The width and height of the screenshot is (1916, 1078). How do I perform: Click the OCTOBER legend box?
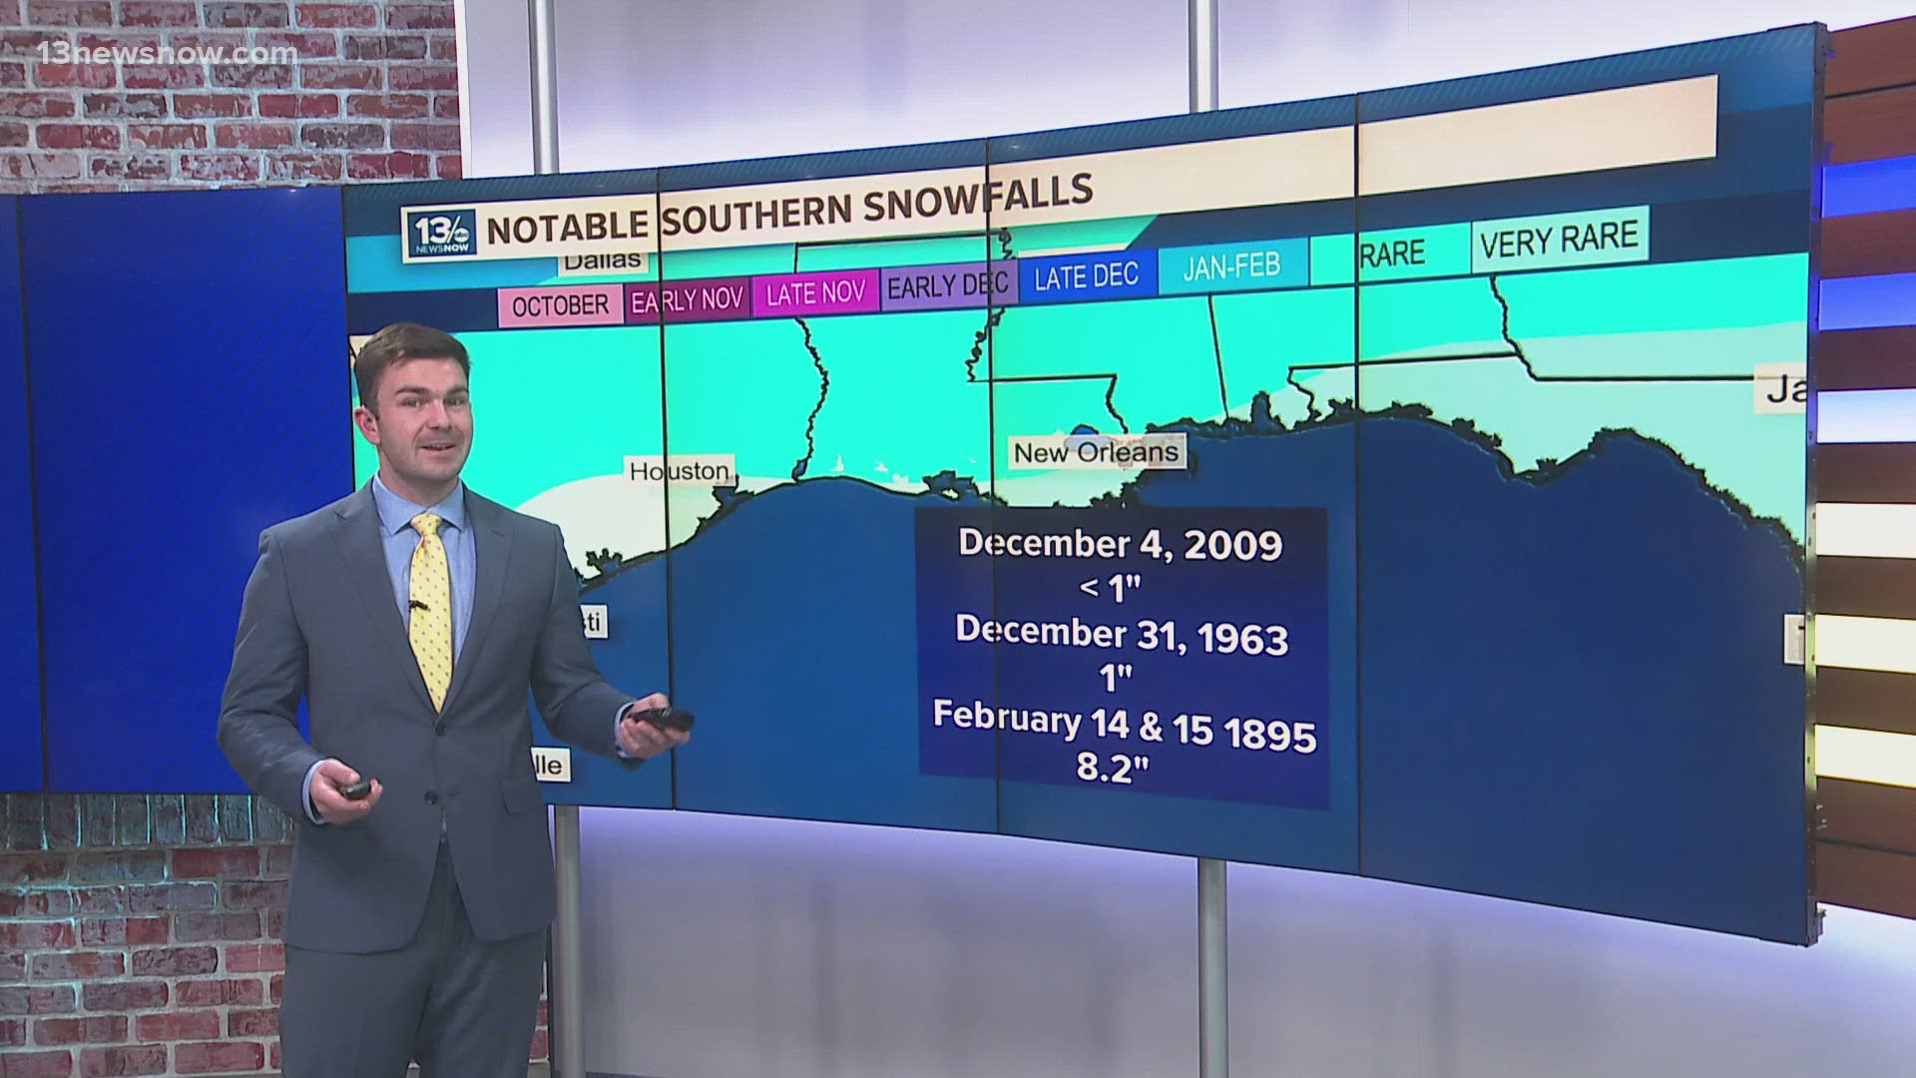(560, 304)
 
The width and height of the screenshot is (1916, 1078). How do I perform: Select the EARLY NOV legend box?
(688, 298)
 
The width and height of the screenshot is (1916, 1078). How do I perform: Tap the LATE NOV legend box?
(815, 292)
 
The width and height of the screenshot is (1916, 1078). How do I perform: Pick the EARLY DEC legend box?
(947, 285)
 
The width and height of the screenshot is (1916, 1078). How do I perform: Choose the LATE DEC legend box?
(1086, 276)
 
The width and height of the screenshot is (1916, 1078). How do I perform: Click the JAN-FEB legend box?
(1231, 267)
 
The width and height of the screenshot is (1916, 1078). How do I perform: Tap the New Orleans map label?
(1096, 452)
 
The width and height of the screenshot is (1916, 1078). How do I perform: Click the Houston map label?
(680, 470)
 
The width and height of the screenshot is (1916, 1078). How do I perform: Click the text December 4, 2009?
(1120, 544)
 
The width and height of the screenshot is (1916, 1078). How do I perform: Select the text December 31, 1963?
(1122, 634)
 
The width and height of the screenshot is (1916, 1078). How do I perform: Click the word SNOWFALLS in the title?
(978, 201)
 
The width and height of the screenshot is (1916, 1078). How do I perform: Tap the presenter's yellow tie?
(430, 609)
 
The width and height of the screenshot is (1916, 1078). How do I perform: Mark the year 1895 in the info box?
(1270, 735)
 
